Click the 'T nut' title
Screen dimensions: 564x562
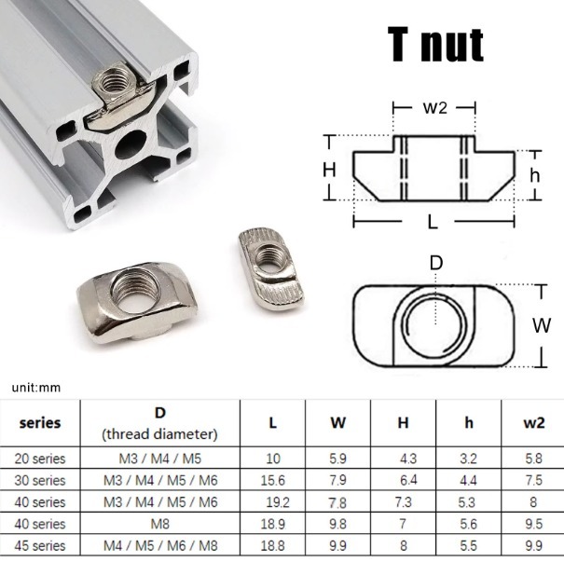click(x=435, y=45)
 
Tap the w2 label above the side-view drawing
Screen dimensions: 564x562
click(x=434, y=107)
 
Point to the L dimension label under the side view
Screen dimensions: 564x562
click(x=433, y=222)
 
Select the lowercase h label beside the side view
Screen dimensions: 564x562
click(x=535, y=175)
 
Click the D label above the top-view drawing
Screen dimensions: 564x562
click(x=436, y=263)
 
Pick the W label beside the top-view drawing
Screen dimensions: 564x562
click(x=542, y=326)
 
